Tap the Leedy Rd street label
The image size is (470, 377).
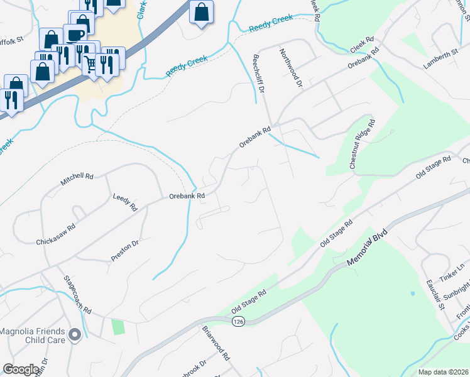click(x=124, y=202)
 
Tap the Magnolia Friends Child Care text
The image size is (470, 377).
click(x=33, y=336)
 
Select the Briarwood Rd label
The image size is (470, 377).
click(x=216, y=344)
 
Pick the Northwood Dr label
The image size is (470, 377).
click(x=291, y=68)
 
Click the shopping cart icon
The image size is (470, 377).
click(x=92, y=63)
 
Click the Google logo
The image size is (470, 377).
click(x=20, y=369)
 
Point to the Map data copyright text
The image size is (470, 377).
click(x=443, y=372)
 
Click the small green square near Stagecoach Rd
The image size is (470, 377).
click(x=117, y=327)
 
